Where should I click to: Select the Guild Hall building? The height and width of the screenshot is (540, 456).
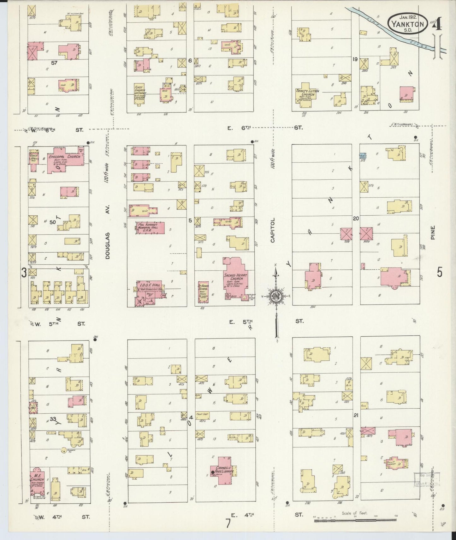pos(34,158)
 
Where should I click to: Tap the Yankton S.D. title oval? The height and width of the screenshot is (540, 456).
pos(408,23)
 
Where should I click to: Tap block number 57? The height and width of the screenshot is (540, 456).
pos(54,63)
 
